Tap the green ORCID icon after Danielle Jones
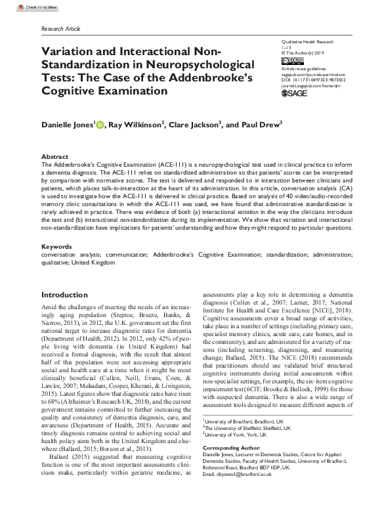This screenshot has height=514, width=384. [x=100, y=124]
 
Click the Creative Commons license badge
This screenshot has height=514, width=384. [x=289, y=60]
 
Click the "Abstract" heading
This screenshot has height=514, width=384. [x=54, y=157]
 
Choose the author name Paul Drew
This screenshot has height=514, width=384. [x=244, y=125]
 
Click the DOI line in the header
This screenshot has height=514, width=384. [x=312, y=79]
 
